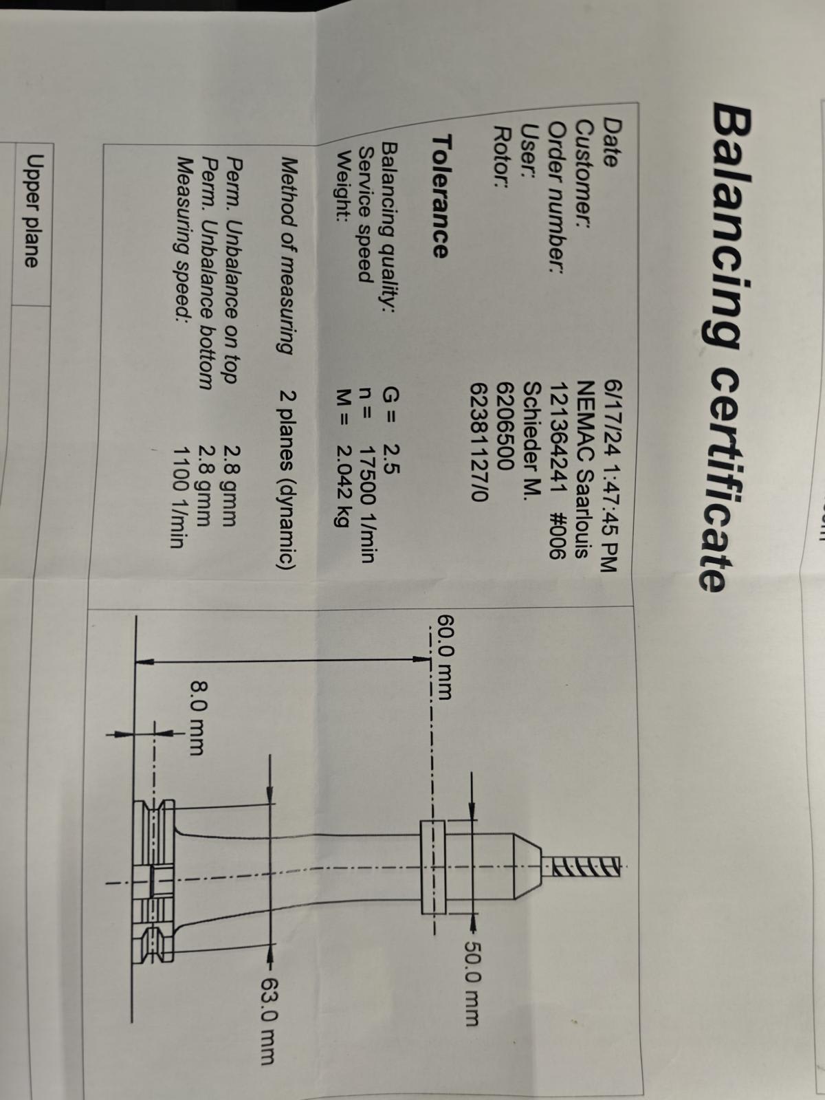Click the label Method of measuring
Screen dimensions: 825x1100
(287, 256)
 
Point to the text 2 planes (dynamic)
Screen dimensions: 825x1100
(287, 479)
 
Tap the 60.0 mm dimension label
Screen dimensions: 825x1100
(445, 656)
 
